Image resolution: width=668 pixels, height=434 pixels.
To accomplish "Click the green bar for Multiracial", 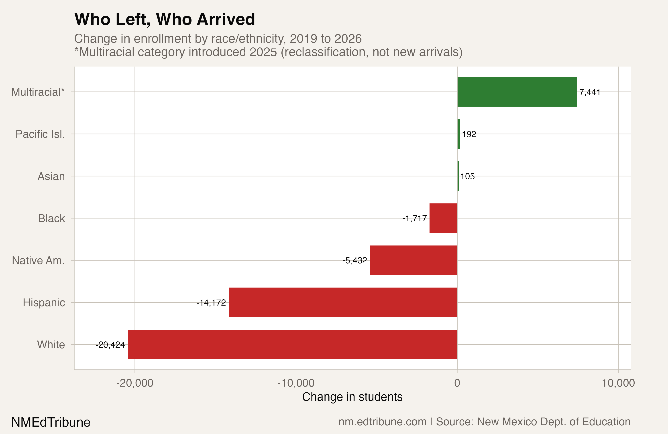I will click(x=517, y=92).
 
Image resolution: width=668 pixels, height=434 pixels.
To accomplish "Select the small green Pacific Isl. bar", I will click(x=459, y=134).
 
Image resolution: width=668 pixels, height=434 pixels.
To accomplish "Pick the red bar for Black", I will click(x=443, y=218).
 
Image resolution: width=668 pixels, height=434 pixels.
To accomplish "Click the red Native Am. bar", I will click(x=413, y=260).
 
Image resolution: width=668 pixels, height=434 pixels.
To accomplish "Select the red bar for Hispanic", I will click(x=343, y=302).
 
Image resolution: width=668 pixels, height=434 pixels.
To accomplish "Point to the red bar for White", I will click(x=292, y=345).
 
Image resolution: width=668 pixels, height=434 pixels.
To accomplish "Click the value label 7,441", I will click(x=590, y=92).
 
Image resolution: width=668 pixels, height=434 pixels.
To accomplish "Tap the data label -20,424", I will click(x=110, y=345).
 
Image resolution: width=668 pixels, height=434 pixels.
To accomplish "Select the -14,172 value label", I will click(x=211, y=303).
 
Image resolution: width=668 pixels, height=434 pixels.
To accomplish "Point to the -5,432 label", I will click(x=354, y=261).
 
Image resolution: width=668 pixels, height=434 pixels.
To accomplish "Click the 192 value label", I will click(x=469, y=134).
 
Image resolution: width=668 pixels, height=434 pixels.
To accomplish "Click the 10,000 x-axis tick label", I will click(x=618, y=383).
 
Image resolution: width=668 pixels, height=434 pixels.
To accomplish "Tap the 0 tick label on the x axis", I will click(x=457, y=383).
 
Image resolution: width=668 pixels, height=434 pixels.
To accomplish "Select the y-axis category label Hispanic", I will click(x=44, y=302).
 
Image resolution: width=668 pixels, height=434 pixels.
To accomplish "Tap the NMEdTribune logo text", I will click(x=51, y=422).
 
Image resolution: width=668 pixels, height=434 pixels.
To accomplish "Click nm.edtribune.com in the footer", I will click(x=382, y=422).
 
